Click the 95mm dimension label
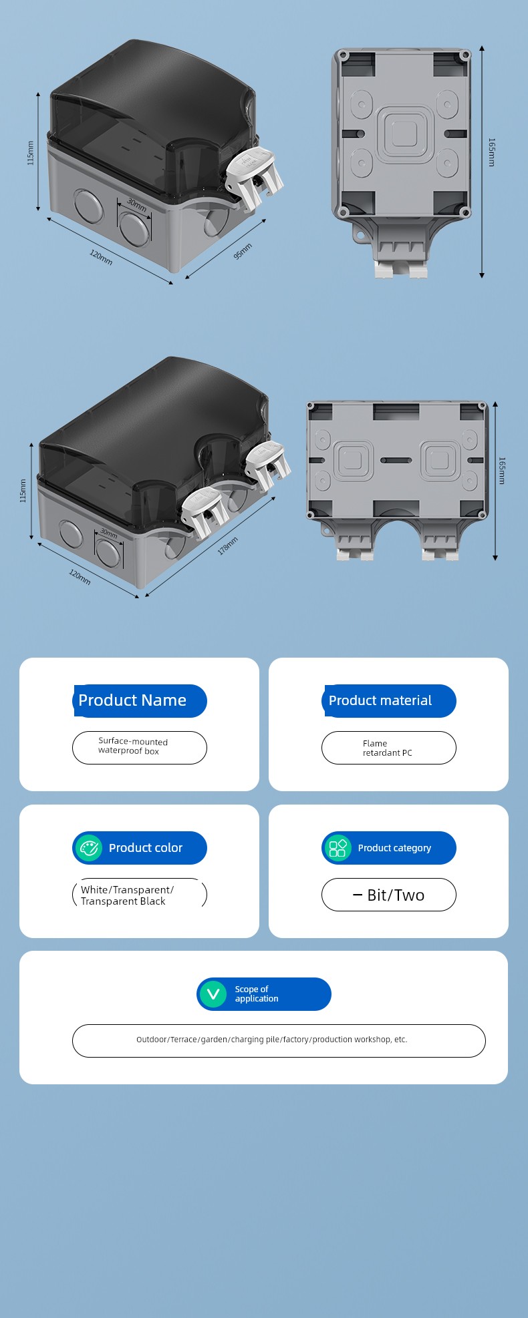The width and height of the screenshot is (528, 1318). pos(243,252)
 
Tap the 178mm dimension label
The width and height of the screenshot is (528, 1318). pos(227,545)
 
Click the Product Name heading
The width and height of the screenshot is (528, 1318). pos(132,700)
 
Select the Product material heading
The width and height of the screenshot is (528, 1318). pos(380,700)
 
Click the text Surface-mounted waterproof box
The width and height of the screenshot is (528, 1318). pos(133,746)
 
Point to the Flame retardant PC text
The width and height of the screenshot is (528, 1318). pos(388,748)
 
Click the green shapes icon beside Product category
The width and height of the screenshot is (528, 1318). pos(338,848)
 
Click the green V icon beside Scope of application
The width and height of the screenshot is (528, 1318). pos(213,994)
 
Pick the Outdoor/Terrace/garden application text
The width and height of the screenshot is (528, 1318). pos(272,1040)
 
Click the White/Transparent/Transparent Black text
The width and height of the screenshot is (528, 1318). pos(127,895)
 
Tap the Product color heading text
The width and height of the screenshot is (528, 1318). pos(146,848)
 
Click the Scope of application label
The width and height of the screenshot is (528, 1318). pos(257,994)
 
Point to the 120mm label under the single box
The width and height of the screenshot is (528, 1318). pos(102,257)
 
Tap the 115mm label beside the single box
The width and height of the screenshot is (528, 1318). pos(30,153)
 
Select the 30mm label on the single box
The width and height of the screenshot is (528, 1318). pos(137,205)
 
